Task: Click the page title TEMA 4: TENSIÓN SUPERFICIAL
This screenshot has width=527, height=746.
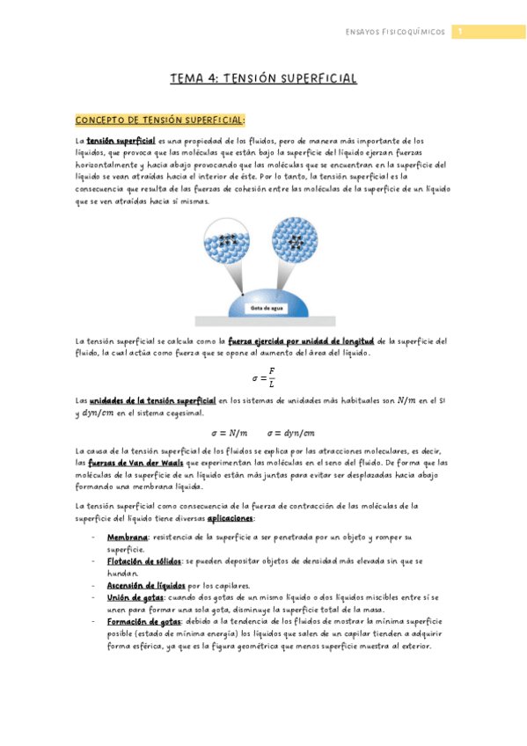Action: tap(263, 79)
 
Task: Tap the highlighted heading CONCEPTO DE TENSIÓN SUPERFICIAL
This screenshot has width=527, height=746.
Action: tap(160, 120)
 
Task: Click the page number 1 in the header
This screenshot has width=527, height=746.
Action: tap(458, 33)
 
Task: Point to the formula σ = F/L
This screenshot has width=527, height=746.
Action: tap(263, 378)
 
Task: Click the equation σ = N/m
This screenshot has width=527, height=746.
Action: tap(231, 433)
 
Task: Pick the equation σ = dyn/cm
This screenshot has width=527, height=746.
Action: tap(291, 433)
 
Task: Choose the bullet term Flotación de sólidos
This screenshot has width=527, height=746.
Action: tap(143, 560)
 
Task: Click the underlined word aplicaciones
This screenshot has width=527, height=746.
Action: tap(231, 518)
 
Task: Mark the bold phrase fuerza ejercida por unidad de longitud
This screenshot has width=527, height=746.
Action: tap(301, 341)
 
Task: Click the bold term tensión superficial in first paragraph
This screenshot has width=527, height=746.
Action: tap(121, 141)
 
